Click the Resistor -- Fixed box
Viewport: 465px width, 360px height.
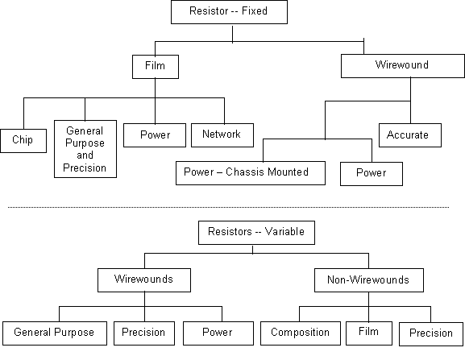click(229, 12)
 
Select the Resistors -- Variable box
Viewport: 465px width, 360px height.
click(256, 233)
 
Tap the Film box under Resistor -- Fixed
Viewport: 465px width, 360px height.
click(156, 67)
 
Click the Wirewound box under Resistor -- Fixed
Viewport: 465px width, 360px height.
click(403, 66)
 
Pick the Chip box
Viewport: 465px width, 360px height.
click(23, 141)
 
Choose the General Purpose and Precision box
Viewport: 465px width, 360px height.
click(85, 149)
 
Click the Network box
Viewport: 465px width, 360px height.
click(222, 135)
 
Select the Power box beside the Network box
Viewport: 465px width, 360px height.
click(155, 135)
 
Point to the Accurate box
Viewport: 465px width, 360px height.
click(410, 135)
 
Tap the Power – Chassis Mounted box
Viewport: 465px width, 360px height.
click(251, 173)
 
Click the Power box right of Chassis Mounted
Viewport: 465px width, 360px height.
click(372, 174)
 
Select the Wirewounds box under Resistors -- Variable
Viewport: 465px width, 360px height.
click(144, 280)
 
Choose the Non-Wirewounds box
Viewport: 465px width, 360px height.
click(369, 280)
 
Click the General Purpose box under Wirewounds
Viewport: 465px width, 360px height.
click(55, 333)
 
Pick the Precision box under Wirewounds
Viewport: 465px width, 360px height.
click(144, 333)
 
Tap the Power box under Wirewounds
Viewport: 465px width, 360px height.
click(218, 333)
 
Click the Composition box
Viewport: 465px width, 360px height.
click(301, 333)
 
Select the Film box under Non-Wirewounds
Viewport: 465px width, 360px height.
click(369, 333)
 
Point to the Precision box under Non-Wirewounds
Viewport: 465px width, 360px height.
click(431, 334)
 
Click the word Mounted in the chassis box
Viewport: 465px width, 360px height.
click(290, 172)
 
